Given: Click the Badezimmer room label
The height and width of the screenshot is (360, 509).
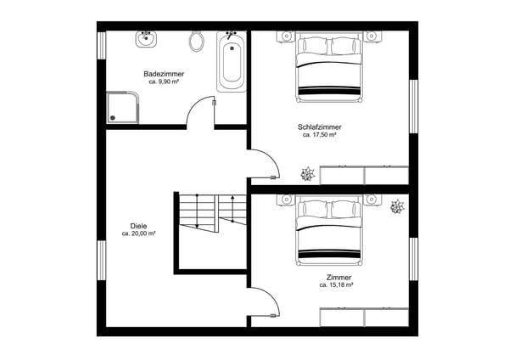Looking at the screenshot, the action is [164, 74].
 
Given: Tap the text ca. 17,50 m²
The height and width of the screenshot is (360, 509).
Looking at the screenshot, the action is [320, 134].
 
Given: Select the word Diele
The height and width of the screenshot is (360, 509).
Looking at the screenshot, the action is [138, 226].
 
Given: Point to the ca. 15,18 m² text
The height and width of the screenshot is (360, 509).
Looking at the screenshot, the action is [336, 285].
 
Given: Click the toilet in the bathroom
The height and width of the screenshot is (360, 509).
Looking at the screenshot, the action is [197, 41].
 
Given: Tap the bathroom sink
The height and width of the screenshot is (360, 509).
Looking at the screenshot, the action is [146, 39].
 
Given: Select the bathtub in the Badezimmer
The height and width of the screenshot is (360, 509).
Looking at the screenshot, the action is [232, 61].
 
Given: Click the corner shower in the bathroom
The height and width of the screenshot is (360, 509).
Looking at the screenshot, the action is [123, 108].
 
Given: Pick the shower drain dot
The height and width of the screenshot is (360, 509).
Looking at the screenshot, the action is [113, 118].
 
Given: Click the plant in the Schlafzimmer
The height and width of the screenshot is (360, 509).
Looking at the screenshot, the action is [307, 174].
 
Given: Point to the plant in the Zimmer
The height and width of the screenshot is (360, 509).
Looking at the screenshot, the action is [397, 206].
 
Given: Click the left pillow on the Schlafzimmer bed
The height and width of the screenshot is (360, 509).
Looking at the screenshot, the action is [314, 46].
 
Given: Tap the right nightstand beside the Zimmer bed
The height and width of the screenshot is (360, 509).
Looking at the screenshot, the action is [372, 200].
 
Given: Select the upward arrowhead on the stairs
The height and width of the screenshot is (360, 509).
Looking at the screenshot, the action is [232, 197].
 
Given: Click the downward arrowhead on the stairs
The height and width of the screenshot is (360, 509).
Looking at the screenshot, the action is [197, 226].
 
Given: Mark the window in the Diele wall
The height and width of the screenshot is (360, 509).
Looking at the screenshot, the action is [102, 261].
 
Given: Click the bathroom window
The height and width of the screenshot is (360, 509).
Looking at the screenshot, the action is [102, 46].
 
